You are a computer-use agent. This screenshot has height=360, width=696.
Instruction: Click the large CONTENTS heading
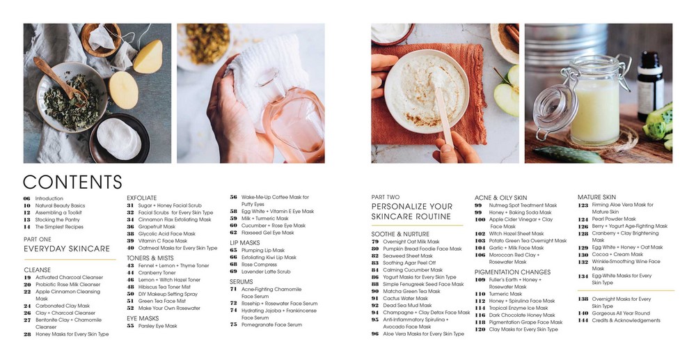72,182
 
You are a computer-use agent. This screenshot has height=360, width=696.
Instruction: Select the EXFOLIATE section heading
141,198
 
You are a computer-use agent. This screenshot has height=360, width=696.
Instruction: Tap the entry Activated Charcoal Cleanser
69,277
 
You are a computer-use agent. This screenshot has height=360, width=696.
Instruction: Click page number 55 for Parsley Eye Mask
130,326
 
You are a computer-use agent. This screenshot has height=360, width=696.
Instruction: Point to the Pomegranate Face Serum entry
271,325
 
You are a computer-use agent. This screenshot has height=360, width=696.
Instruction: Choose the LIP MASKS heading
244,243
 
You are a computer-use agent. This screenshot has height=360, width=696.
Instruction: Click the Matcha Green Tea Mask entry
411,291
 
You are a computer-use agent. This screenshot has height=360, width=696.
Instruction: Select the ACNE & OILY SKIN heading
500,198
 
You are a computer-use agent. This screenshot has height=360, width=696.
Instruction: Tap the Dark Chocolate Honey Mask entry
522,315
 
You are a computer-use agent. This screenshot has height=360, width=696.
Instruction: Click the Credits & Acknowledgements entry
626,320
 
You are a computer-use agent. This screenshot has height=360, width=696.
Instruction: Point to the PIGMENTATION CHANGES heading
512,272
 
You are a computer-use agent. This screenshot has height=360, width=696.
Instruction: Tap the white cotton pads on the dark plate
119,139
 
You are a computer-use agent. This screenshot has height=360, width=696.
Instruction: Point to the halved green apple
507,94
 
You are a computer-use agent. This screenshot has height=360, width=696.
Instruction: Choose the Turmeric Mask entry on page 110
505,294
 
